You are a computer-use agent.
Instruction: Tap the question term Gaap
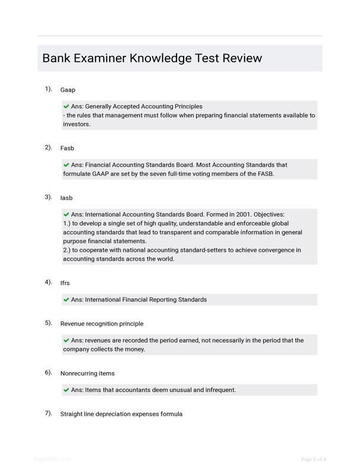68,90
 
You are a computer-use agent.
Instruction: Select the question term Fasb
67,148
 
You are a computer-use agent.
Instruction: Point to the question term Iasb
66,198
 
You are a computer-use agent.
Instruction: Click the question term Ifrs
65,283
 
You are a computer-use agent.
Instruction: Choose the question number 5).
48,323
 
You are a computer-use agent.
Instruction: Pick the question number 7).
48,413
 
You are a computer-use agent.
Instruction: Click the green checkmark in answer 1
66,107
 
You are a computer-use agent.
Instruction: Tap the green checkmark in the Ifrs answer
66,300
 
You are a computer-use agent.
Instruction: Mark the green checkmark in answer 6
66,390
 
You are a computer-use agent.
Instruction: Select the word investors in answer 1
76,125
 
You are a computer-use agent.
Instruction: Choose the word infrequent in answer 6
220,390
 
